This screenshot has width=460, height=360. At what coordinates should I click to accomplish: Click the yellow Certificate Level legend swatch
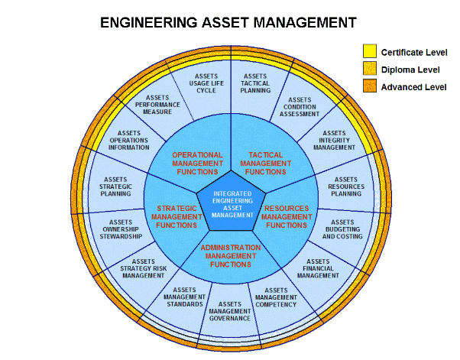pos(370,51)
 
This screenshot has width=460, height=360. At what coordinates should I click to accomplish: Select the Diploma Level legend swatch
pos(370,68)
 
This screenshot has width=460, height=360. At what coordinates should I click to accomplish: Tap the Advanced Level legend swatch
pos(370,86)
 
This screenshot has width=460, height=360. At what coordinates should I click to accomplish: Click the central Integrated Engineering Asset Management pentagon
pos(232,203)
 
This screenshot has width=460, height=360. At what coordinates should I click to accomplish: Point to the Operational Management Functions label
pos(197,164)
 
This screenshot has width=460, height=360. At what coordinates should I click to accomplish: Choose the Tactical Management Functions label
pos(265,164)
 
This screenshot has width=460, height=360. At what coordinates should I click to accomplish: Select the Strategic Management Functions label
pos(177,217)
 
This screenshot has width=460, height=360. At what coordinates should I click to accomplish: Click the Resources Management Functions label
pos(287,217)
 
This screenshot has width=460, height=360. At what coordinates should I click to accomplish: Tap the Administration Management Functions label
pos(231,256)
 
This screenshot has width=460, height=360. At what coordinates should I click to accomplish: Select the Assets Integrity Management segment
pos(335,141)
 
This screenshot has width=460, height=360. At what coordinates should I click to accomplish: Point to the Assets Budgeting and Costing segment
pos(342,229)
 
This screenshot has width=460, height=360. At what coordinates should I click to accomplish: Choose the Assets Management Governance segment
pos(230,311)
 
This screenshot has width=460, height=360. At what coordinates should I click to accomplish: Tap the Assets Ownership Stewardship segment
pos(120,229)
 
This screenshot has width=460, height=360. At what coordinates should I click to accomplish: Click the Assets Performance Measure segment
pos(157,105)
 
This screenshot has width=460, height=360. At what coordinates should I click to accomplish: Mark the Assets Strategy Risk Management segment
pos(143,268)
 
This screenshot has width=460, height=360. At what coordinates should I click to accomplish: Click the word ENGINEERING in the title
pos(149,23)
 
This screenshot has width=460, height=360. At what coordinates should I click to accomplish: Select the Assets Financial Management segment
pos(319,268)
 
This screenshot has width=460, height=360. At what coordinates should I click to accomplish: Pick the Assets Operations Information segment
pos(128,140)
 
